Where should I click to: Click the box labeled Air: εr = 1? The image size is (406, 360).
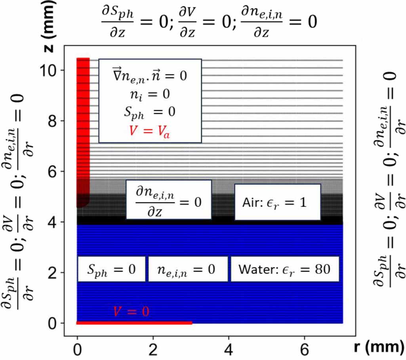point(277,202)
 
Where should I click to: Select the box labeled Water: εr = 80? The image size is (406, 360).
point(285,269)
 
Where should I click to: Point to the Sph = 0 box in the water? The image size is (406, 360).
point(112,269)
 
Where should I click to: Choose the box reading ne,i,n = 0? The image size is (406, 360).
point(188,269)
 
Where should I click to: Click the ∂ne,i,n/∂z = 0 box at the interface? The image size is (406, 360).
point(168,199)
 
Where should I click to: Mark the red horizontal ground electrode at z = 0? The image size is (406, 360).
point(134,323)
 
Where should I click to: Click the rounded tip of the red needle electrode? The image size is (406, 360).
point(82,203)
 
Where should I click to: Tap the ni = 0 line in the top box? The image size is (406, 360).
point(150,95)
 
